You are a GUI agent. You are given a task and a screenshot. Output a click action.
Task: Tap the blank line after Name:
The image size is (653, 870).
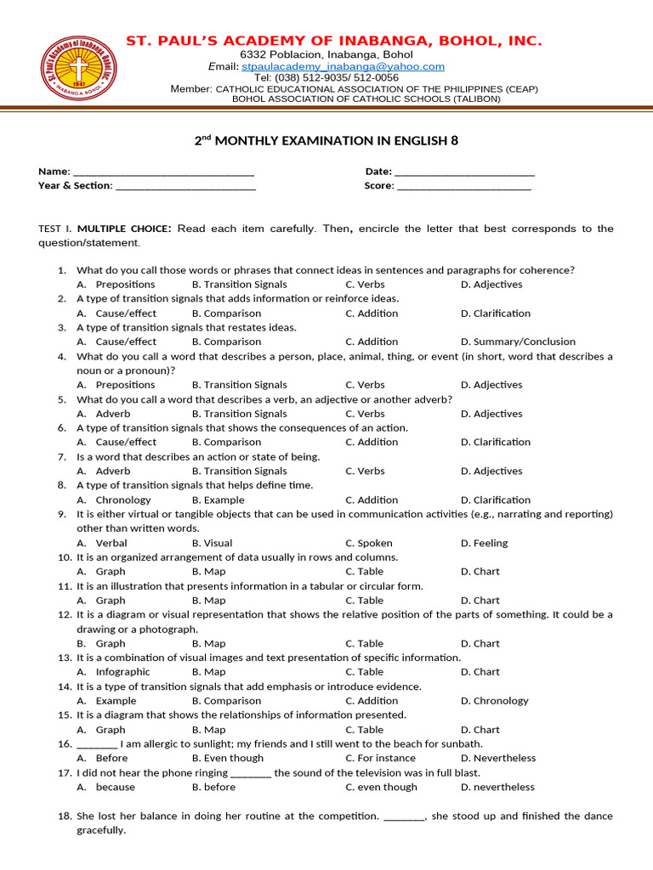pos(163,172)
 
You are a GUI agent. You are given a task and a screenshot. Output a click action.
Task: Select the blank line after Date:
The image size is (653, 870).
pos(465,172)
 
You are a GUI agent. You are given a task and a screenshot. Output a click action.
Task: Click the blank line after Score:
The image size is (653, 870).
pos(464,186)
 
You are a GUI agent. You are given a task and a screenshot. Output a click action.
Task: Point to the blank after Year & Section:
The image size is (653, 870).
pos(185,186)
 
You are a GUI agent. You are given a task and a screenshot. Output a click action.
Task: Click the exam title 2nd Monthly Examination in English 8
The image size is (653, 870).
pos(326,141)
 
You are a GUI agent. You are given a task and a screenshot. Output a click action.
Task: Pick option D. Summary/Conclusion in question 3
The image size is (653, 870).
pos(518,342)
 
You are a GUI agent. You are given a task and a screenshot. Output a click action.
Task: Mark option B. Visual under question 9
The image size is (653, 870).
pos(212,543)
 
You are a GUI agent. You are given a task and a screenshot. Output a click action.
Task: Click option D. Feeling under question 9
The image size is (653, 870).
pos(484,543)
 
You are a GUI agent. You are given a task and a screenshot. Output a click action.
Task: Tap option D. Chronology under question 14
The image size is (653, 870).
pos(494,701)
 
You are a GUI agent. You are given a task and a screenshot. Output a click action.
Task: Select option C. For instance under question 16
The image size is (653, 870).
pos(380,758)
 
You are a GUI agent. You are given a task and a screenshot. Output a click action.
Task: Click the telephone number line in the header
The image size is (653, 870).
pos(326,77)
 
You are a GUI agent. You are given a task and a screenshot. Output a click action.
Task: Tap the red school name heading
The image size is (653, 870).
pos(334,42)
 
